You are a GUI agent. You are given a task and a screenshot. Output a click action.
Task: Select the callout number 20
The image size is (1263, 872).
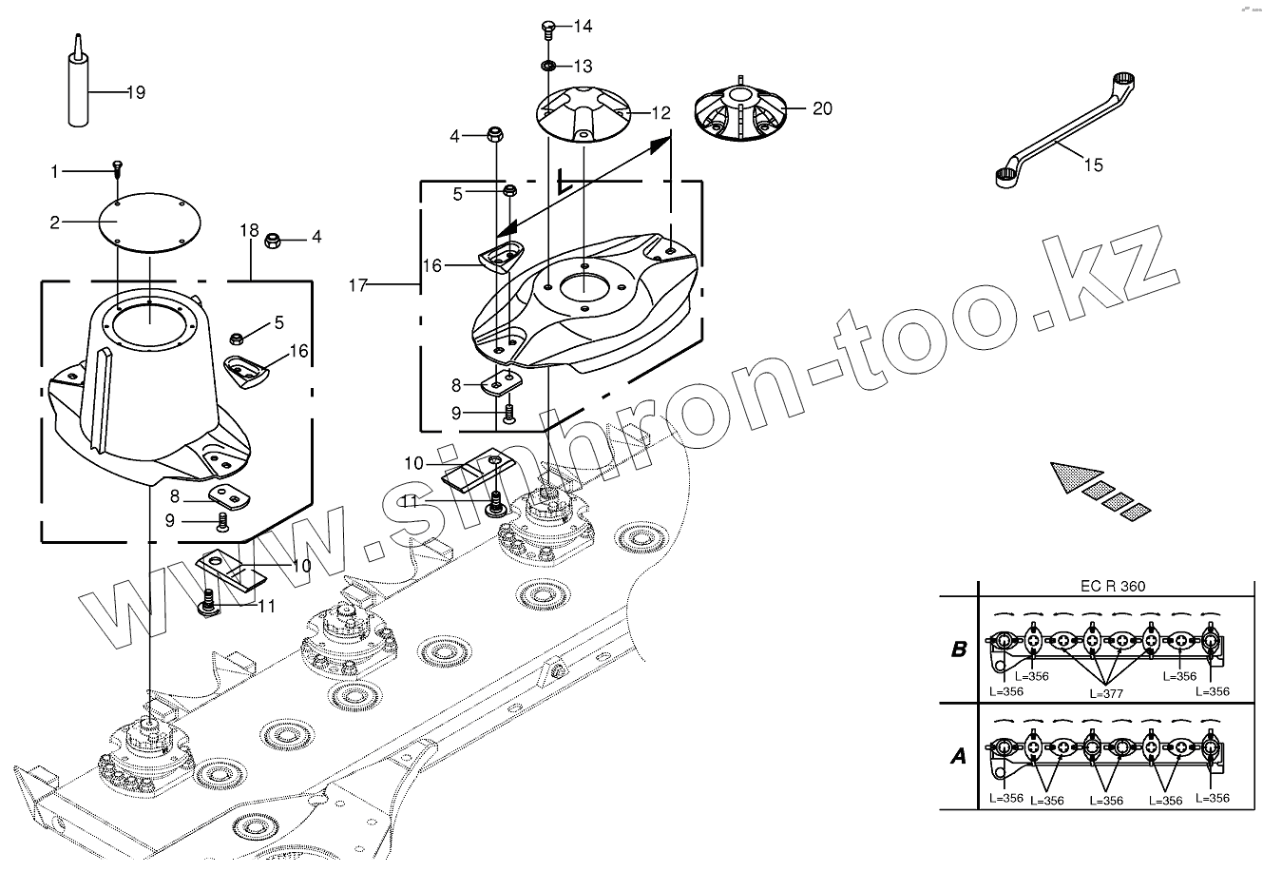point(823,108)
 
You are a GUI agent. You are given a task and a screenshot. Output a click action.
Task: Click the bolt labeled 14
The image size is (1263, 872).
point(549,27)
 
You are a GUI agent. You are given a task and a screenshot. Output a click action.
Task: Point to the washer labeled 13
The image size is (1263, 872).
point(549,66)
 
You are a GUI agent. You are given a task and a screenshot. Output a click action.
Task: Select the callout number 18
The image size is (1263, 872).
point(249,231)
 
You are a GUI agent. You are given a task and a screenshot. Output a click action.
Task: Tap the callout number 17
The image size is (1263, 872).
point(358,283)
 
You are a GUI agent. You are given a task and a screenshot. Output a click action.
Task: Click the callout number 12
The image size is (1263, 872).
point(660,113)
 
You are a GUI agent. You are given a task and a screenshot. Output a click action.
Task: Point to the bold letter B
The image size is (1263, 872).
point(959,650)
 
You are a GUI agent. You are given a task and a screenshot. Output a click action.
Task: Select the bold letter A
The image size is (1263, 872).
point(959,756)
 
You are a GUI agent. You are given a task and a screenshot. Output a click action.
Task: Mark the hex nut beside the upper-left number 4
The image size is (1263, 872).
point(494,135)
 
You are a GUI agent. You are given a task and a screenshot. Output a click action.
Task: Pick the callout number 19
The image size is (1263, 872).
point(135,92)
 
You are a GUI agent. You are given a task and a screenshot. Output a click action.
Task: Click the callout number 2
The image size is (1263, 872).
point(55,223)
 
